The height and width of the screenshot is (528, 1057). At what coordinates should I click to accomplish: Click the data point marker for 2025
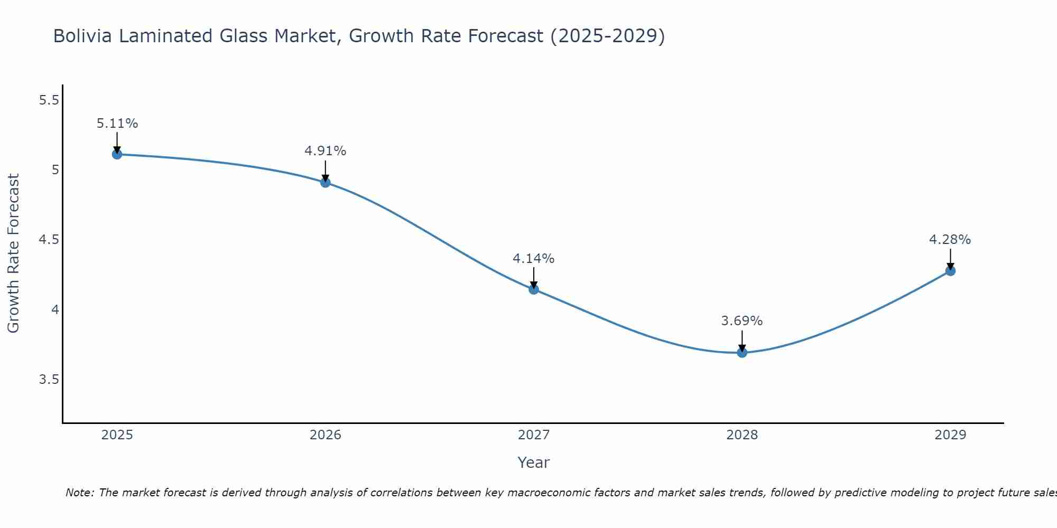click(117, 154)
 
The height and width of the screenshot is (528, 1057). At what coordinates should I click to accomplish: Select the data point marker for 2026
click(326, 183)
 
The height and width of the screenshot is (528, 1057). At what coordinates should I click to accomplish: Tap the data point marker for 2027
click(534, 289)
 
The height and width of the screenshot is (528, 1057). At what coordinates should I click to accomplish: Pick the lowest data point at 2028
click(742, 353)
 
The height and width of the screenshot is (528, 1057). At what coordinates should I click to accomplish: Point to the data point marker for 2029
click(950, 271)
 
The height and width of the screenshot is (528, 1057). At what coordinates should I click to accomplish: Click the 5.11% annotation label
click(117, 124)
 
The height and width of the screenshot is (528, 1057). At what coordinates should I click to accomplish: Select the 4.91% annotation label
click(326, 151)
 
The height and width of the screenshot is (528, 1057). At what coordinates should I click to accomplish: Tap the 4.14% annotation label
click(534, 259)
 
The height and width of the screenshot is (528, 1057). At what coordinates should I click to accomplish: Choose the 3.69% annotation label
click(742, 321)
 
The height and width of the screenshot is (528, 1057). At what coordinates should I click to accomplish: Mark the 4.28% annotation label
click(950, 240)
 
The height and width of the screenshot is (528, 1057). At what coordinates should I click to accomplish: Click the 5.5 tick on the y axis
click(49, 100)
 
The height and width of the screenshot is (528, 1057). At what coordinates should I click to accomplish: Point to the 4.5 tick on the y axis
click(49, 240)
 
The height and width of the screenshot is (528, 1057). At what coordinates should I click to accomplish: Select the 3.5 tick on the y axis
click(49, 380)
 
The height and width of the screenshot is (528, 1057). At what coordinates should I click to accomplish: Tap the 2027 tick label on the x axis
click(534, 435)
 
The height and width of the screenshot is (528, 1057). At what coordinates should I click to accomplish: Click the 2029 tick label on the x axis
click(950, 435)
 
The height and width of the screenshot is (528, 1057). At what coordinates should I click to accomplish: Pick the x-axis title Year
click(534, 463)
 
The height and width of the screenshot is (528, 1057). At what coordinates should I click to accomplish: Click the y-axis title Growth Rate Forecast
click(13, 253)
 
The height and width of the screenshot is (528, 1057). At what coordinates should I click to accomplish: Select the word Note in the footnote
click(79, 493)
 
